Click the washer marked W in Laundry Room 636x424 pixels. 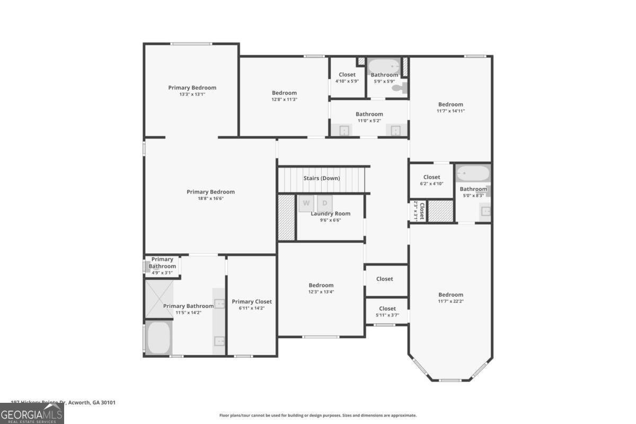click(x=306, y=202)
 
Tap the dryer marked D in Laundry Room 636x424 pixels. click(x=325, y=202)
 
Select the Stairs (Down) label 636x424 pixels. click(x=321, y=178)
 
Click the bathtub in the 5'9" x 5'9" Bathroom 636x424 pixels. click(x=384, y=66)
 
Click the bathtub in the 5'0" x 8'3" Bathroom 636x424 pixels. click(x=473, y=173)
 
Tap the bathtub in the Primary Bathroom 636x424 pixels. click(x=158, y=338)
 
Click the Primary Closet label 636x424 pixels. click(x=252, y=302)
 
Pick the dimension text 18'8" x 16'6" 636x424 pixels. click(x=210, y=199)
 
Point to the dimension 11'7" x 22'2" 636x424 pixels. click(x=450, y=301)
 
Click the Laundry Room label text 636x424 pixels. click(x=330, y=214)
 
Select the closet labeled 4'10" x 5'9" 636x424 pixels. click(x=347, y=78)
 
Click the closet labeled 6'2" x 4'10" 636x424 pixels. click(x=431, y=180)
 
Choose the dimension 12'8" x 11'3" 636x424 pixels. click(x=284, y=99)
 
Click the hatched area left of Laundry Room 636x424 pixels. click(x=286, y=217)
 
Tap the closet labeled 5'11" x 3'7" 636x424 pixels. click(x=387, y=312)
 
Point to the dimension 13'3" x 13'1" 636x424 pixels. click(x=192, y=94)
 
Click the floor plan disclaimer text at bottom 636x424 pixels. click(x=318, y=416)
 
